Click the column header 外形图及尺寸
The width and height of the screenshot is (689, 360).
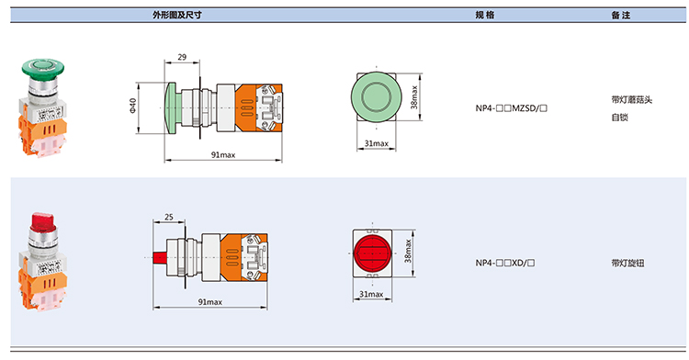click(177, 15)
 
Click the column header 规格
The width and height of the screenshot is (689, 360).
click(485, 15)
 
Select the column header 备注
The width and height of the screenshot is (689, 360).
click(621, 16)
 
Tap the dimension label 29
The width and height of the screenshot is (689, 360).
click(182, 57)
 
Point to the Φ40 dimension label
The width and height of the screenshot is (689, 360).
click(132, 107)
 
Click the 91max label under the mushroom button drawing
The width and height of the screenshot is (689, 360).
click(223, 154)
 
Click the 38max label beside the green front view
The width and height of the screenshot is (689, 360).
click(414, 97)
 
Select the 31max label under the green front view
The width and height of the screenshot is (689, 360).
click(377, 143)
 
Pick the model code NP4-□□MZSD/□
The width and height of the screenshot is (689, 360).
click(512, 108)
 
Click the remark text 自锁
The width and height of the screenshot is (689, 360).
click(619, 118)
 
